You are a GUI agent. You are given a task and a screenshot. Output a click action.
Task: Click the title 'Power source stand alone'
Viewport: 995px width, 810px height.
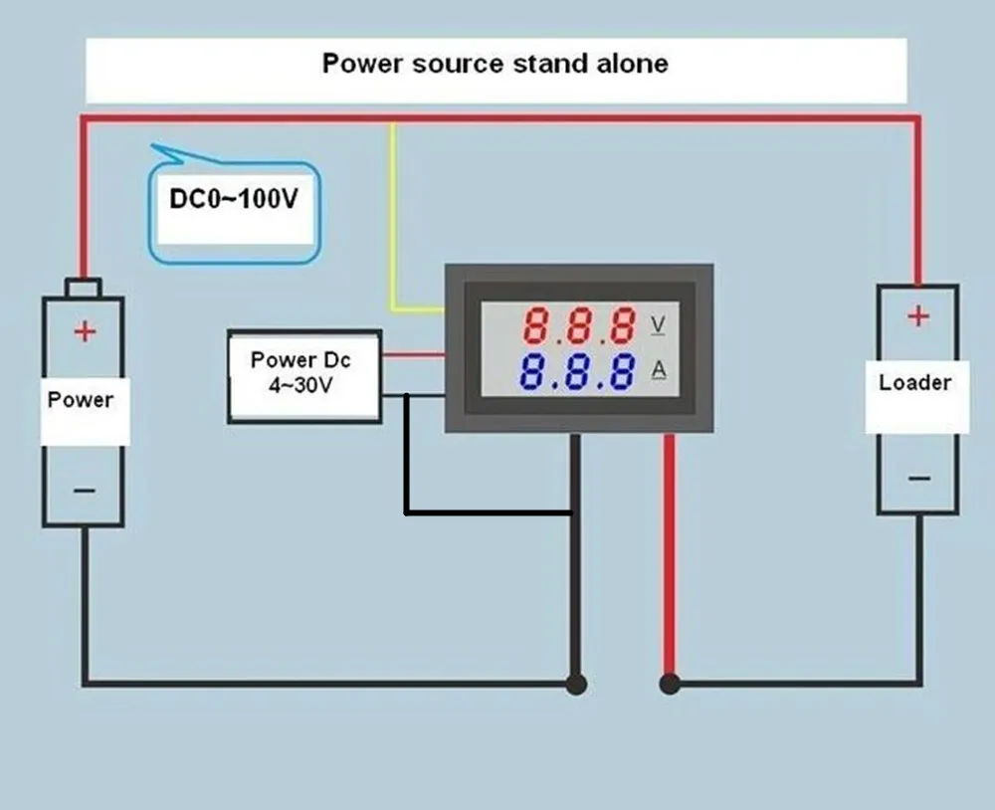pos(495,64)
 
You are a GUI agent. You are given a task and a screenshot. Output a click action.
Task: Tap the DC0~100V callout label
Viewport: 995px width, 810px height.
pos(233,199)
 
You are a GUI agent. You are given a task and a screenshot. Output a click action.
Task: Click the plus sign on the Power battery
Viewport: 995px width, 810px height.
pos(85,331)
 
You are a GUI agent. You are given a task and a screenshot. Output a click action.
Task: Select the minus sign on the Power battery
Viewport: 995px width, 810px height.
pos(85,490)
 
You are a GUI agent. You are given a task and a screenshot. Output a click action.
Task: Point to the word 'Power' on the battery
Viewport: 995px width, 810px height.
pos(81,400)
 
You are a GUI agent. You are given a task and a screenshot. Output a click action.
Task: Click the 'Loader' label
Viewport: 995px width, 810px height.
pos(914,383)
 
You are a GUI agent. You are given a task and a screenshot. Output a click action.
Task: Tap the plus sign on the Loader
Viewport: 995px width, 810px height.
pos(917,316)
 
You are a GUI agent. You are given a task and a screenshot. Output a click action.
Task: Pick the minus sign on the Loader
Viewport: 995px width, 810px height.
pos(917,478)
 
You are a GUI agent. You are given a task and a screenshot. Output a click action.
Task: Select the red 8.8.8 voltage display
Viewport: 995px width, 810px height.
pos(579,325)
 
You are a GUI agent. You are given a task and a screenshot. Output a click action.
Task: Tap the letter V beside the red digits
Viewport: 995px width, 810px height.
pos(658,324)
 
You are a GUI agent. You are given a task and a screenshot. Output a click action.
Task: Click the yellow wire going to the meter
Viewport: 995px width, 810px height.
pos(394,219)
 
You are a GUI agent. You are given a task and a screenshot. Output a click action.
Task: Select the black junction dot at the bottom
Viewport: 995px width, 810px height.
pos(575,684)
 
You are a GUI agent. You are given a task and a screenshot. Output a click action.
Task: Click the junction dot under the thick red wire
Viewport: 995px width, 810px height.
pos(670,684)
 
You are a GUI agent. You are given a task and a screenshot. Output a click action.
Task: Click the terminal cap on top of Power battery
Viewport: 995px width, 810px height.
pos(83,288)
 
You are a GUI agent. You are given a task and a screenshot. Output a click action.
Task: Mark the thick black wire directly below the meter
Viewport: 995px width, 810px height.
pos(575,577)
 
